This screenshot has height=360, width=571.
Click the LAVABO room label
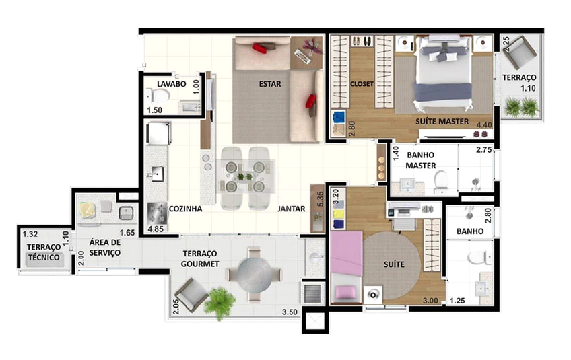[171, 84]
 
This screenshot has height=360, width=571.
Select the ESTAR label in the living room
[270, 84]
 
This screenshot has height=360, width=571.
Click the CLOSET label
[362, 84]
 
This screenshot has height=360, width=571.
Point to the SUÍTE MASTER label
[442, 122]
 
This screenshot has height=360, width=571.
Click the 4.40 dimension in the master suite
[484, 125]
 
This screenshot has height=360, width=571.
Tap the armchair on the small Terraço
[520, 52]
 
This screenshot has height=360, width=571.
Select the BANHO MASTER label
[421, 160]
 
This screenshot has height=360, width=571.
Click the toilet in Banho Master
[440, 181]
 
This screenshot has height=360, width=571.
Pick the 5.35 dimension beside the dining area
[320, 199]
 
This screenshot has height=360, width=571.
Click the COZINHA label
[185, 209]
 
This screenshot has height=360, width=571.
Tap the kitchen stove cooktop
[158, 213]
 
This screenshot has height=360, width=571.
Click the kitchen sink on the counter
[158, 174]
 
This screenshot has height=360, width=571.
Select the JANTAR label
[292, 209]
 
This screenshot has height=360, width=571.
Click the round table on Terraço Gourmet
[254, 274]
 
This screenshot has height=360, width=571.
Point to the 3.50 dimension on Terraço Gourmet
[290, 312]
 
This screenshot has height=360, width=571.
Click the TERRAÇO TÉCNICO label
[44, 252]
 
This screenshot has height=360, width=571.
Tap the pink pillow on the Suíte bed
[345, 293]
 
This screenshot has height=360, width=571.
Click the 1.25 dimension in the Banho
[457, 301]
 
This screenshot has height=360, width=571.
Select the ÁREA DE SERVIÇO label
[105, 248]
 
